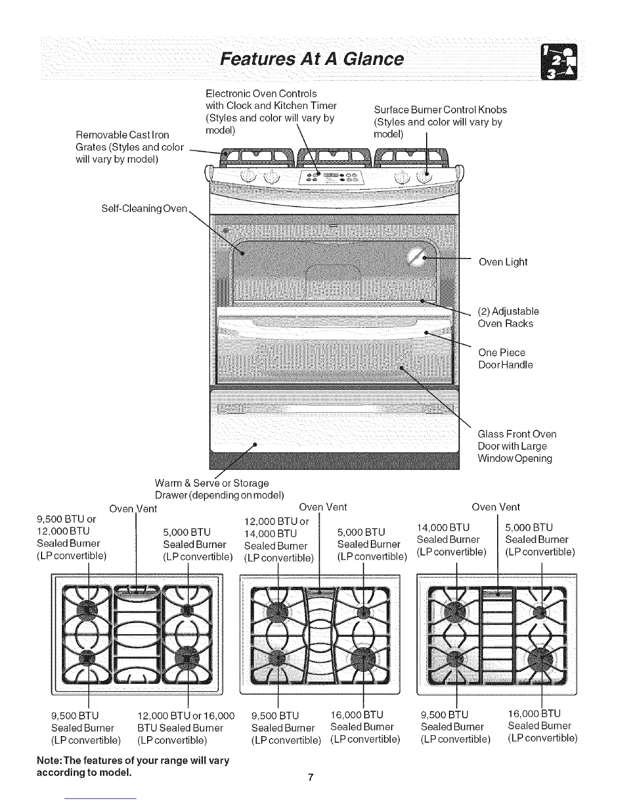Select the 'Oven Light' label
click(x=503, y=262)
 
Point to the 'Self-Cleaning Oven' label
click(x=145, y=208)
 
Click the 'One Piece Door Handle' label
click(x=505, y=358)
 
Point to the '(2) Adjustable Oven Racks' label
click(x=508, y=317)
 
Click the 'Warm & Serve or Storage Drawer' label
click(x=218, y=489)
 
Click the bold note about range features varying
click(x=133, y=767)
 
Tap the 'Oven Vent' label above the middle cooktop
click(x=323, y=507)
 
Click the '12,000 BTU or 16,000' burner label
click(x=186, y=728)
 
